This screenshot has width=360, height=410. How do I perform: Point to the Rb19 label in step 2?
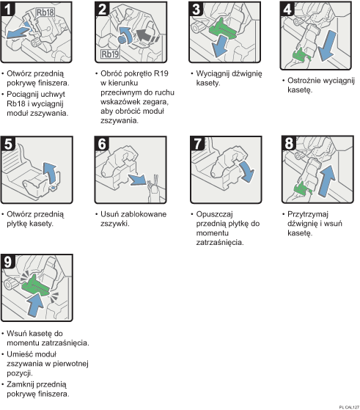111,54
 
